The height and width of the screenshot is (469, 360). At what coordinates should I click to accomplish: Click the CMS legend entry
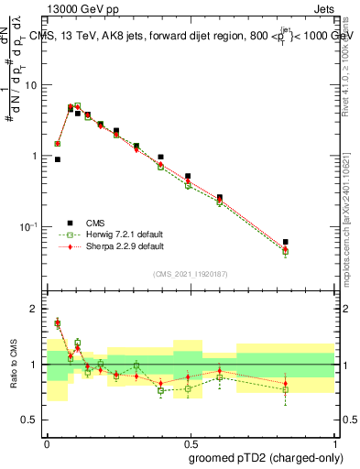click(93, 223)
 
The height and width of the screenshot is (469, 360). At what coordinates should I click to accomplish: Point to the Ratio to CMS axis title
click(14, 365)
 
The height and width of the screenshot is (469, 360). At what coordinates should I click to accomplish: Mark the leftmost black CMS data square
click(57, 159)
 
